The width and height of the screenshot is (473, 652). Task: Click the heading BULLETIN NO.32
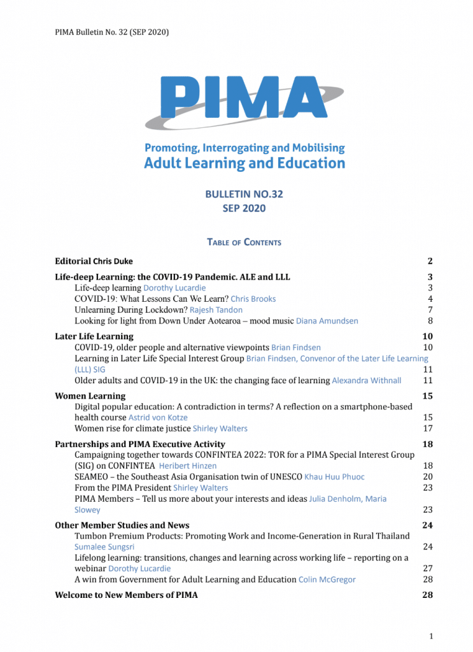[x=236, y=194]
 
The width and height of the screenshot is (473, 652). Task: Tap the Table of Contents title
[x=244, y=242]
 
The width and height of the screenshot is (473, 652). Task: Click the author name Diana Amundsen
[x=327, y=321]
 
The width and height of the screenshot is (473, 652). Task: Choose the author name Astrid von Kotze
[x=158, y=418]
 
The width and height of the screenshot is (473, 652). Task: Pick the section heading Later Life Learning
[x=94, y=336]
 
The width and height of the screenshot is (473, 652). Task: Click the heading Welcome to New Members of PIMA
[x=126, y=595]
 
